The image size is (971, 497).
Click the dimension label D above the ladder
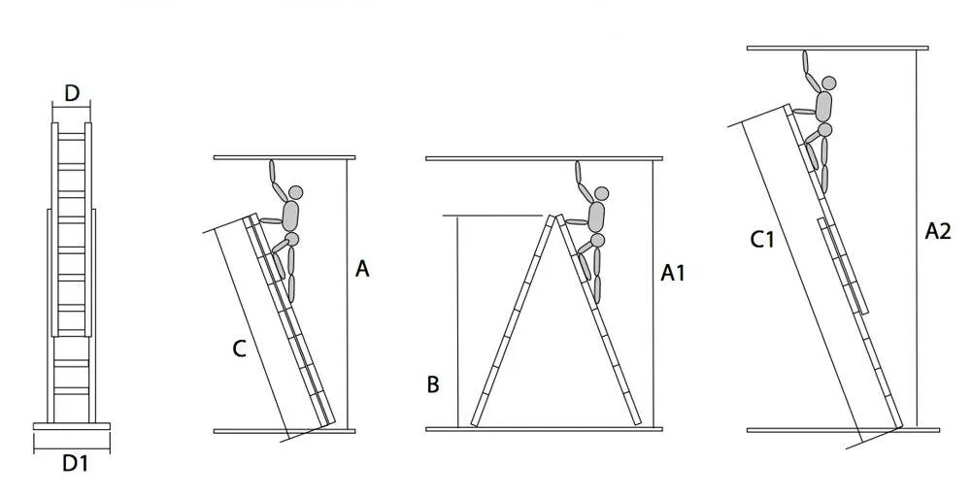[72, 93]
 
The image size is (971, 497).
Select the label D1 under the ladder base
[76, 464]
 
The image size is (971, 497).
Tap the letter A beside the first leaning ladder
[362, 269]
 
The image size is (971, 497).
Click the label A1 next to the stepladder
[673, 274]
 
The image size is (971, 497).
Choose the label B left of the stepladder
[433, 384]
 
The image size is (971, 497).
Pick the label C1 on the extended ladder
[762, 239]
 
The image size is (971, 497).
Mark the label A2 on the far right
[938, 231]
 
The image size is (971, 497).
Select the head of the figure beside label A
[295, 192]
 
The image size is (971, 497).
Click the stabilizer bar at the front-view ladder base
[73, 426]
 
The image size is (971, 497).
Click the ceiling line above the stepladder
[544, 158]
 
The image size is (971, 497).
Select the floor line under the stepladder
[544, 429]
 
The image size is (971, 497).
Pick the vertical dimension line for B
[456, 320]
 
